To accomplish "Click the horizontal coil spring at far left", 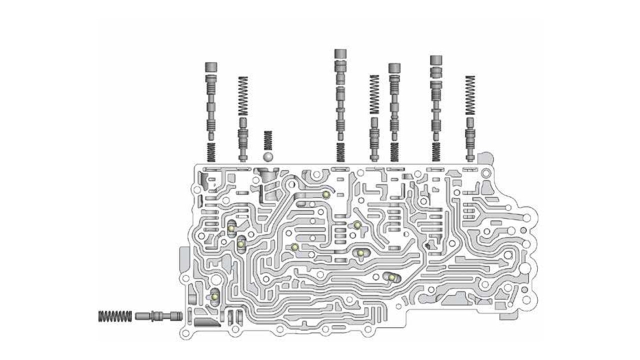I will (115, 316).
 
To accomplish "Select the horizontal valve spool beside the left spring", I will (158, 316).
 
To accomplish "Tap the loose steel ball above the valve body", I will (268, 156).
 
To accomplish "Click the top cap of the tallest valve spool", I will (340, 53).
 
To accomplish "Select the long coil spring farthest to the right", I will (469, 95).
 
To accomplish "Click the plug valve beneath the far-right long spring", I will (469, 137).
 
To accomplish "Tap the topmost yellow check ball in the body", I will (325, 194).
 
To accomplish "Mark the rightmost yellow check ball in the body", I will (392, 277).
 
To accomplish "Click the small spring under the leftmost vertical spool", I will (210, 151).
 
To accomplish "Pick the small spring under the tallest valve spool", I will (340, 151).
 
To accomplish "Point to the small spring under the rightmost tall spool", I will (436, 151).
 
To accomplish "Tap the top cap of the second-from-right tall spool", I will (394, 68).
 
